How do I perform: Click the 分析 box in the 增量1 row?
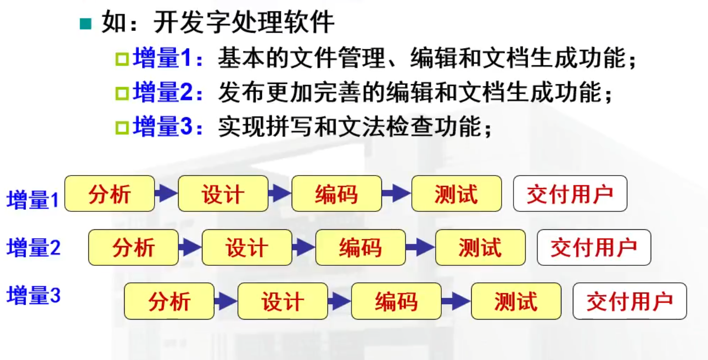[x=110, y=193]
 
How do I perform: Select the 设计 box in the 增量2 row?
[x=247, y=247]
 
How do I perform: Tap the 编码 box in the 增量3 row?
[x=396, y=301]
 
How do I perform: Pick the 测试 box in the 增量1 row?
[x=456, y=193]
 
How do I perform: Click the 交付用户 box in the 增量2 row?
[x=594, y=247]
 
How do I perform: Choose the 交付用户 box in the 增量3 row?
[x=630, y=301]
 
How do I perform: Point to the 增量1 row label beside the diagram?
[x=33, y=200]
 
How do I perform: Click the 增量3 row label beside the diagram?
[x=33, y=296]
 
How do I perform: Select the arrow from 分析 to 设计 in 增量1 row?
[x=166, y=193]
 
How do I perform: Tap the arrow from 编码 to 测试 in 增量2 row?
[x=420, y=247]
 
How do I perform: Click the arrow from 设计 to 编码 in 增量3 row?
[x=339, y=301]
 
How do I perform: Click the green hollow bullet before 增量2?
[x=122, y=93]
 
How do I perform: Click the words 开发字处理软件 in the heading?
[x=244, y=23]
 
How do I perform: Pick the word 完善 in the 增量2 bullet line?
[x=344, y=93]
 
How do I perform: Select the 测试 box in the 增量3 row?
[x=516, y=301]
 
